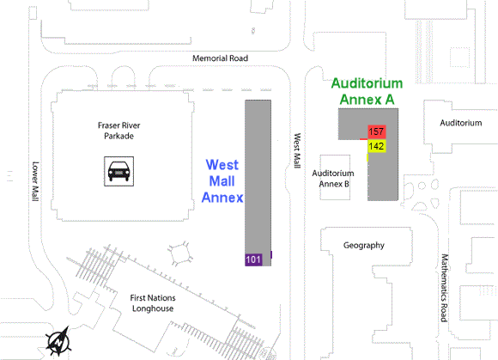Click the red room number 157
[x=377, y=131]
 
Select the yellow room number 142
[x=377, y=146]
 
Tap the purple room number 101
[x=253, y=259]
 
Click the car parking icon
[x=119, y=171]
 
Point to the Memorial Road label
[x=220, y=58]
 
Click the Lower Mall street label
[x=35, y=181]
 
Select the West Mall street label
[x=297, y=150]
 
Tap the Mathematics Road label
[x=445, y=288]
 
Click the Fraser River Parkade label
[x=119, y=131]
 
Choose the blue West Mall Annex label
[x=222, y=181]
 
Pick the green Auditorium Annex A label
[x=367, y=92]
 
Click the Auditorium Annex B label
[x=333, y=179]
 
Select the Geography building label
[x=364, y=245]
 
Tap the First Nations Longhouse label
[x=153, y=303]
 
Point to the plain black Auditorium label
[x=461, y=123]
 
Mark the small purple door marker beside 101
[x=271, y=254]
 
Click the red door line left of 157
[x=364, y=139]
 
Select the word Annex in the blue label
[x=222, y=198]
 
